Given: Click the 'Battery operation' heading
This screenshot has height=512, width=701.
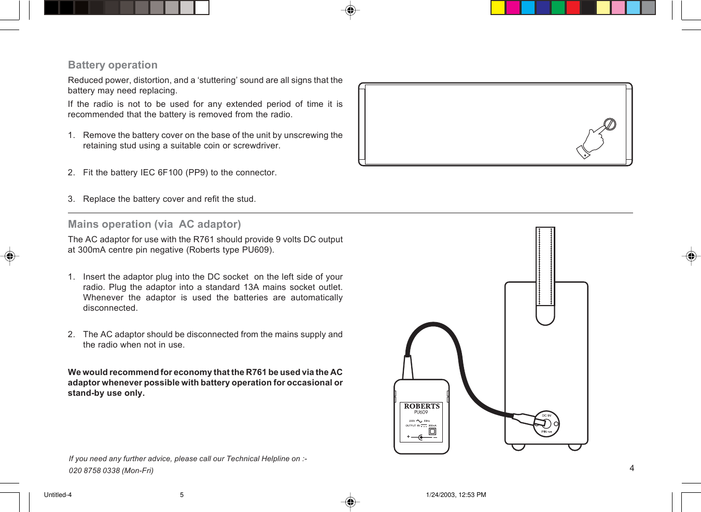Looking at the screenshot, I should pos(113,65).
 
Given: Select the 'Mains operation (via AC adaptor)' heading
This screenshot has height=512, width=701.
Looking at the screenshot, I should pos(155,224).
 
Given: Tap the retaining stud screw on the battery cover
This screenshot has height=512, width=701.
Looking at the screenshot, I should pos(610,124).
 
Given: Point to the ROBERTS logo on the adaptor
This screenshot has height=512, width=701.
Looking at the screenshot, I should pos(422,406).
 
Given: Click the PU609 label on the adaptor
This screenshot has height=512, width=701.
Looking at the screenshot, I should pos(421,412).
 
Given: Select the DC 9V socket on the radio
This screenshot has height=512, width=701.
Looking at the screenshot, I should pos(546,423).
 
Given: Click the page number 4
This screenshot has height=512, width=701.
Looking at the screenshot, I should pos(632,468).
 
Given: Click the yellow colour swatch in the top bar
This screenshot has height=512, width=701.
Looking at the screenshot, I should pos(498,8).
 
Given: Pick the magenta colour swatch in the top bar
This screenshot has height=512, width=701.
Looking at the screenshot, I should pos(513,8).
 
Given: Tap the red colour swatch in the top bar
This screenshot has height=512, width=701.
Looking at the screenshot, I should pos(573,8).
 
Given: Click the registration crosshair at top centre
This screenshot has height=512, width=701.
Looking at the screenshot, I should pos(350,10).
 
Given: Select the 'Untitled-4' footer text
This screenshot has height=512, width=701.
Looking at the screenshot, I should pos(58,495).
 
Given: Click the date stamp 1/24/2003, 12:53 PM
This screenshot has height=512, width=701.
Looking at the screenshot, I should pos(456,495).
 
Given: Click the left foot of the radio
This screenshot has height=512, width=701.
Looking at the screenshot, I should pos(518,447).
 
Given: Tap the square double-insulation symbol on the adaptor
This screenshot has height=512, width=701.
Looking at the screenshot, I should pos(432,432).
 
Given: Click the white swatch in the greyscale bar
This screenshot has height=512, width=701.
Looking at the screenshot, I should pos(202,8).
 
